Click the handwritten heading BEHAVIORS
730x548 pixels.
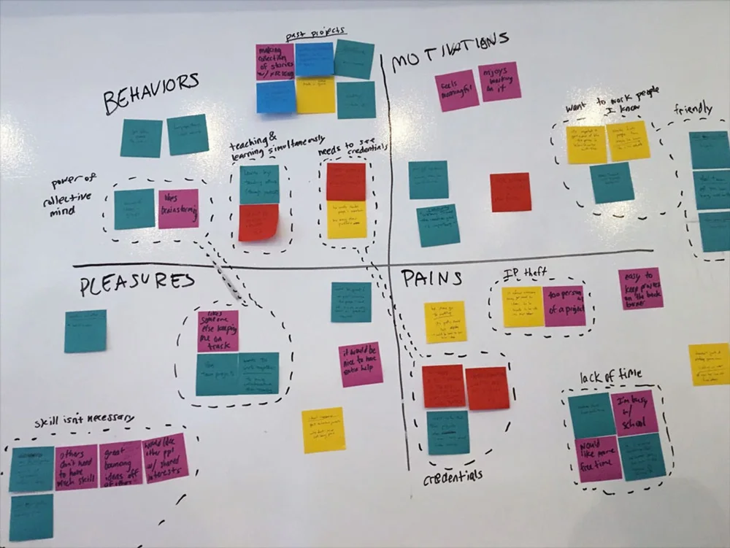coord(150,92)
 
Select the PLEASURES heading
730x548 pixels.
coord(137,284)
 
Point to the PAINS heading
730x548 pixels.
coord(431,278)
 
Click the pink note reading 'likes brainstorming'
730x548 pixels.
coord(178,209)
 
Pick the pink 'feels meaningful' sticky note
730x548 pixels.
coord(456,90)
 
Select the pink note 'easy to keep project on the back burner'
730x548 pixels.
coord(640,288)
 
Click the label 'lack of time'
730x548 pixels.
coord(610,376)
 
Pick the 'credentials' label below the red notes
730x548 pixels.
coord(453,475)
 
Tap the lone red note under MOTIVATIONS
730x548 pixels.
coord(510,193)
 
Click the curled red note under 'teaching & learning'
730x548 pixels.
coord(258,223)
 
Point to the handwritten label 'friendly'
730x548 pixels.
coord(693,109)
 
